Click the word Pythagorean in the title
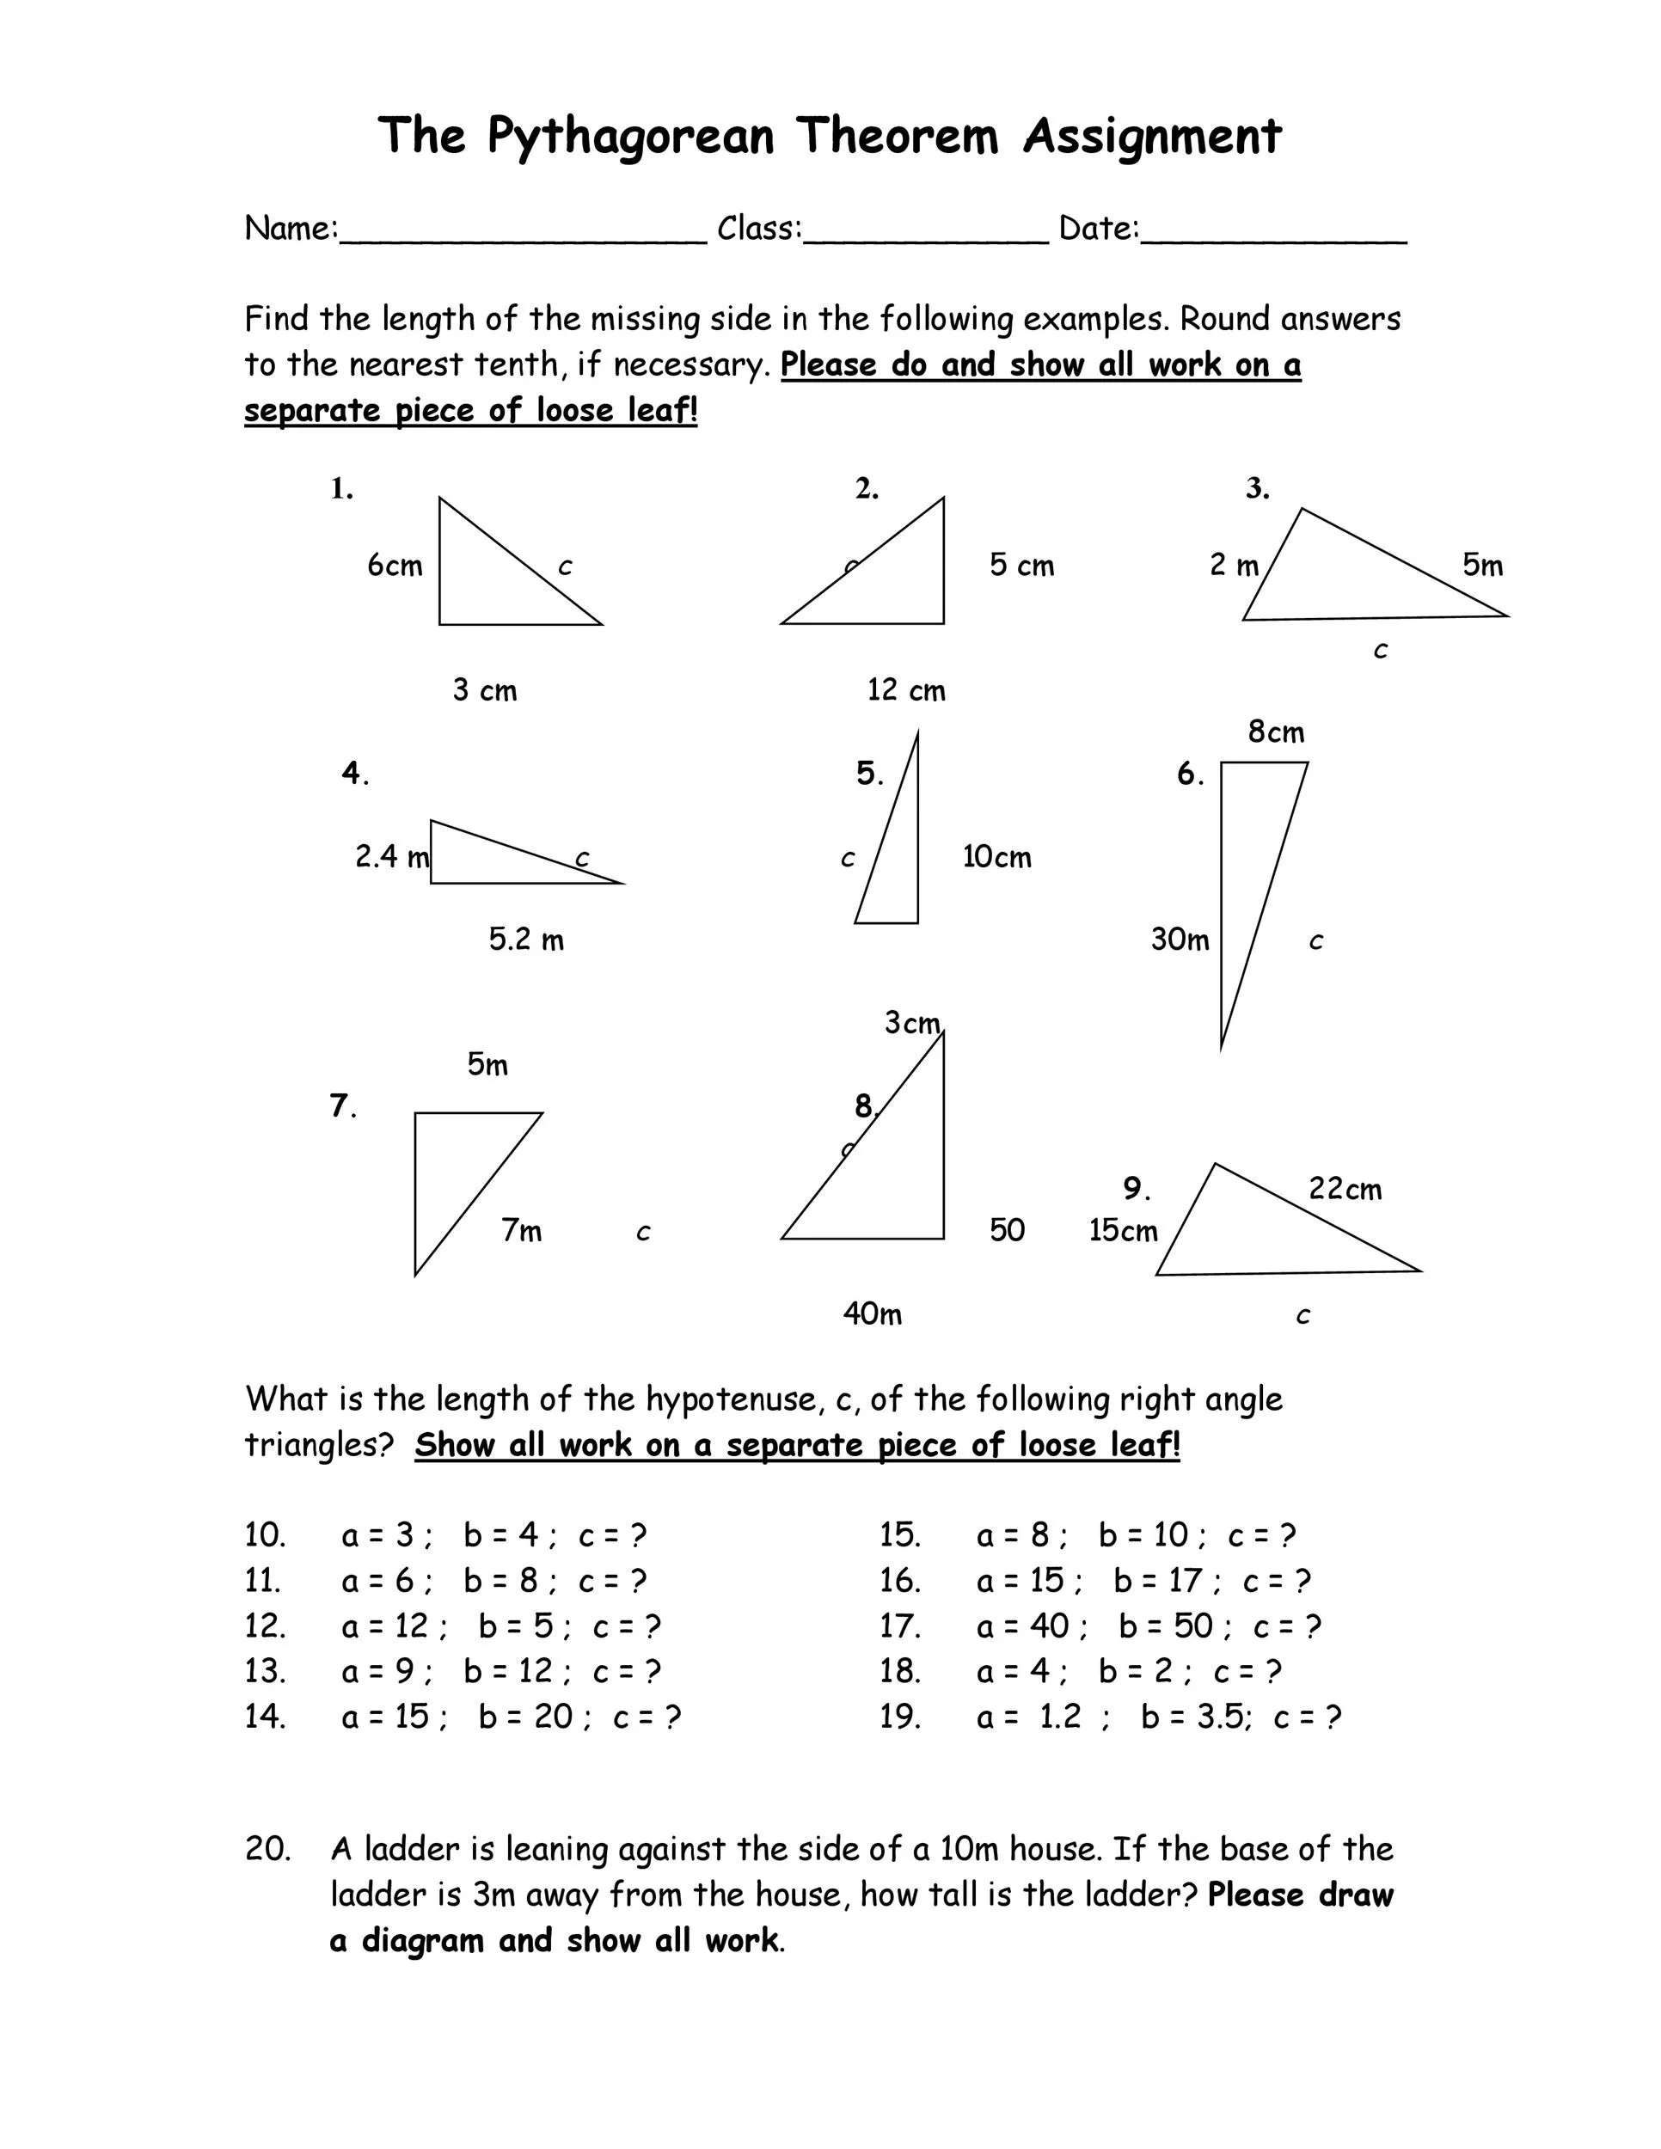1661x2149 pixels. (x=631, y=136)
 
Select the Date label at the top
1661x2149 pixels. (x=1098, y=229)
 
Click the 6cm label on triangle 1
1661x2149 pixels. (x=395, y=565)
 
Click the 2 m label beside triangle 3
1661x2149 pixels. (x=1234, y=565)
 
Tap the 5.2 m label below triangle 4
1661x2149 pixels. (x=526, y=939)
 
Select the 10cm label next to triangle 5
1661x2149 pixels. (x=996, y=856)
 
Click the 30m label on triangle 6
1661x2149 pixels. (x=1180, y=939)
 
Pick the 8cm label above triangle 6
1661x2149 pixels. (x=1275, y=732)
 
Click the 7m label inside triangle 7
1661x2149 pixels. (x=522, y=1230)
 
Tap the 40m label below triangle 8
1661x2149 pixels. (x=872, y=1313)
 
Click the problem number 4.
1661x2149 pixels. (x=354, y=774)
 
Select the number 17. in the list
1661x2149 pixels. (x=899, y=1626)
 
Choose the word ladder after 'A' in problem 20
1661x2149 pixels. (x=411, y=1849)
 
